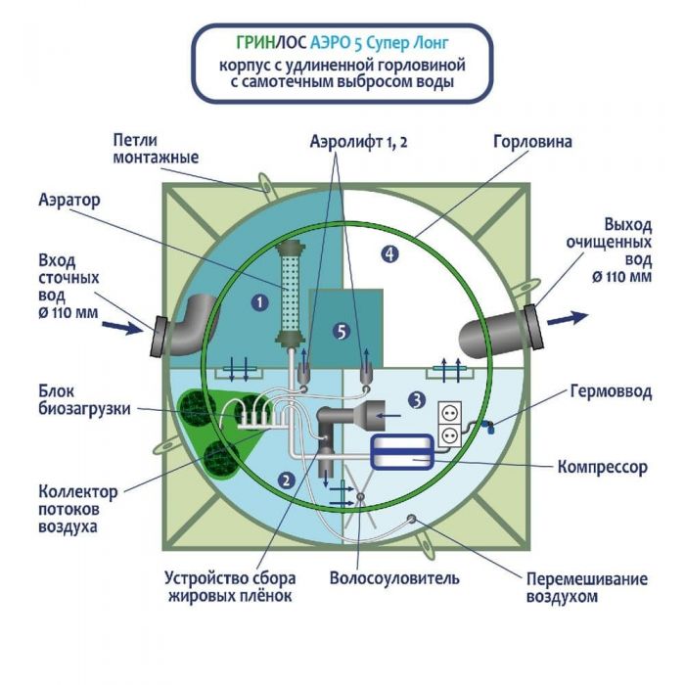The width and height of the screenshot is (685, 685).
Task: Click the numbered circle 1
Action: coord(259,302)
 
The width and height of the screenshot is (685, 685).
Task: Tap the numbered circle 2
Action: coord(286,479)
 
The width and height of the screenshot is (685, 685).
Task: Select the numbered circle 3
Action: coord(417,399)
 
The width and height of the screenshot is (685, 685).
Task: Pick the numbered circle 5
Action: coord(341,331)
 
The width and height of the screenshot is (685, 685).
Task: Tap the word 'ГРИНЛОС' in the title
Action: coord(264,43)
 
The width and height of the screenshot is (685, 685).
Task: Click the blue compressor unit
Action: coord(407,449)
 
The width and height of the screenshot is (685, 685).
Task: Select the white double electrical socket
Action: coord(448,422)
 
